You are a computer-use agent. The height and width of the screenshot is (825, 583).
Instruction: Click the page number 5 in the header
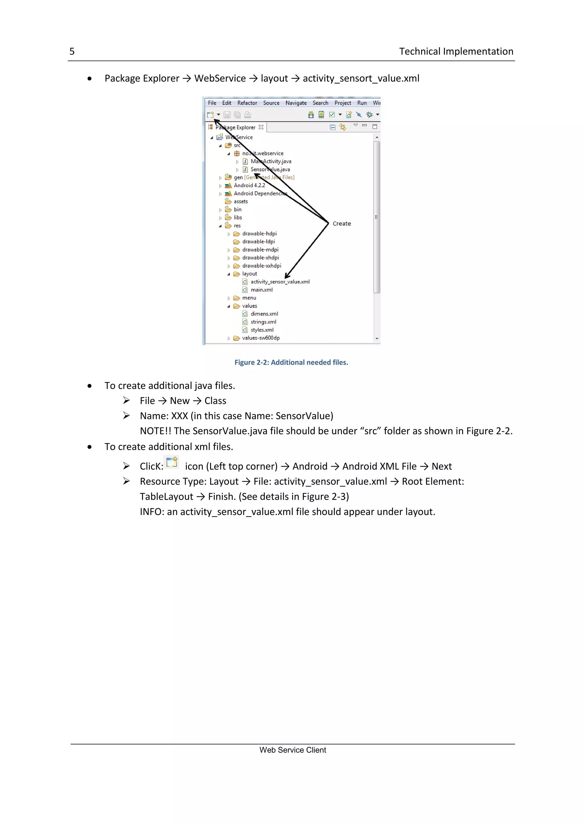72,51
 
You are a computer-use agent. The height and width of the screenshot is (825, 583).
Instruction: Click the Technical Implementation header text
456,51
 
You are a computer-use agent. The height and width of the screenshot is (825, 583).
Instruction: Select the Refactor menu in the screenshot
247,103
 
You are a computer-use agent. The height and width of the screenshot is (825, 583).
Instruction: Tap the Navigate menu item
296,103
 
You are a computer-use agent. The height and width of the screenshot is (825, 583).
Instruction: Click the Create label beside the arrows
341,224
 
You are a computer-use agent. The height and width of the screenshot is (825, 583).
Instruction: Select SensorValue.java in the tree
270,170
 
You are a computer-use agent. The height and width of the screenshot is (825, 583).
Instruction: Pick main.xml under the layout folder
261,290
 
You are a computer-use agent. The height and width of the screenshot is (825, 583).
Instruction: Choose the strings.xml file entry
263,322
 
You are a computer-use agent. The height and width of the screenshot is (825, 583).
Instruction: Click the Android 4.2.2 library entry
249,185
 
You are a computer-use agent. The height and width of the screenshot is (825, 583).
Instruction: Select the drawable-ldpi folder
258,242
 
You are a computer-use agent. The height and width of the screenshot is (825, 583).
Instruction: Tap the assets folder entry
241,202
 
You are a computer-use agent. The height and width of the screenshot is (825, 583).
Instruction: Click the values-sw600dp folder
261,338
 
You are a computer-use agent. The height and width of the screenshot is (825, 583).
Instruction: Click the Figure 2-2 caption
291,362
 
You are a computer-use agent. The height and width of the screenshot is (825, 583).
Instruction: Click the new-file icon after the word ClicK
172,462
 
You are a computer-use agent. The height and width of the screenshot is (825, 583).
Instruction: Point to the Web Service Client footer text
293,750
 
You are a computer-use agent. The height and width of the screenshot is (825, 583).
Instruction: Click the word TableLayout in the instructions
166,497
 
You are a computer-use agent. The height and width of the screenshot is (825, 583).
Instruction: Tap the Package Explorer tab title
235,128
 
